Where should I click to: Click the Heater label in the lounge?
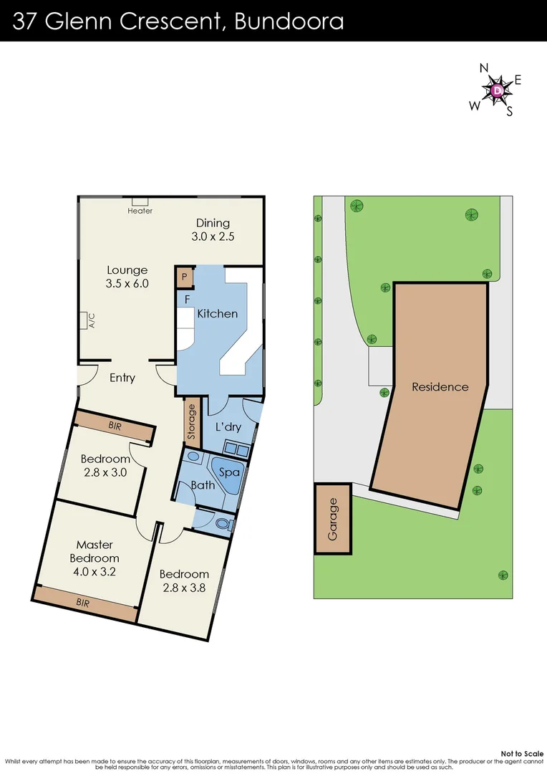point(140,211)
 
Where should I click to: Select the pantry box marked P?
point(183,277)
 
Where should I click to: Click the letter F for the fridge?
point(187,298)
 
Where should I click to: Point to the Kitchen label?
point(217,314)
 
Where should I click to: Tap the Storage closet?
point(191,422)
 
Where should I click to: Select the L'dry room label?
point(228,427)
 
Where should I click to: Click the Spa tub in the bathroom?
point(228,472)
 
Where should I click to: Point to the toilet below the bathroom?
point(223,524)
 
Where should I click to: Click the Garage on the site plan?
point(332,518)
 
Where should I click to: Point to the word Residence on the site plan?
point(440,387)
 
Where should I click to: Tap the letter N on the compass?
point(484,69)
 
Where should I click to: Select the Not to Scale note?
point(521,753)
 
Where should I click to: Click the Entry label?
point(122,378)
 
